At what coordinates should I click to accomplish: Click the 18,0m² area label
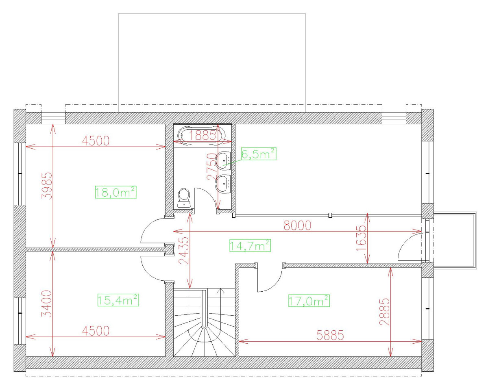[115, 192]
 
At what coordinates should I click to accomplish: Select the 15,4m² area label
[118, 300]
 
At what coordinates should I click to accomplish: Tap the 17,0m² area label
[309, 301]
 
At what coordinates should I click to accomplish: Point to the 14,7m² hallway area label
[250, 245]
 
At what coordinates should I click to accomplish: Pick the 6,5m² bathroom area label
[259, 154]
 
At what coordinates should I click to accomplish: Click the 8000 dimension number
[297, 225]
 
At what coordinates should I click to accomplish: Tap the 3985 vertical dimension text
[47, 186]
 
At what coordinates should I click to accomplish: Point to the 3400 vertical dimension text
[47, 303]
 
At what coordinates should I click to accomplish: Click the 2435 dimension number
[183, 250]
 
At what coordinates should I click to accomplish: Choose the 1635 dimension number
[361, 238]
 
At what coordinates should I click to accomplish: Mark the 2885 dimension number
[385, 312]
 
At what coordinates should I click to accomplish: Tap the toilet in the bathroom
[184, 197]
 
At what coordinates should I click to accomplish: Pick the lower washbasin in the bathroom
[223, 184]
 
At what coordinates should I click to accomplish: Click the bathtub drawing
[202, 136]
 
